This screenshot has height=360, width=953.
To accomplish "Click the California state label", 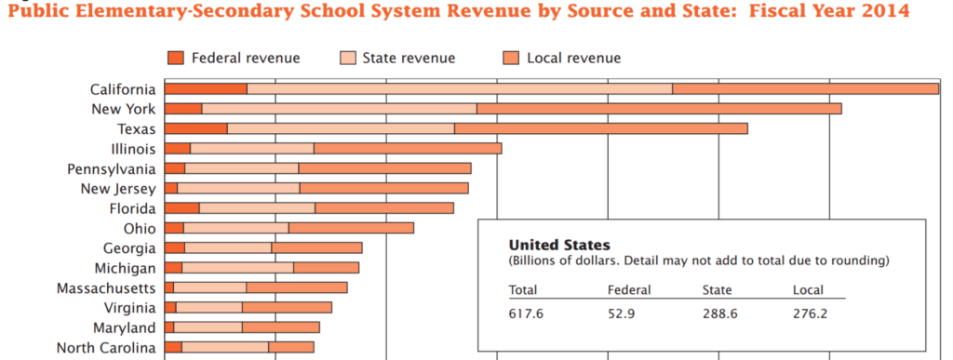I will [122, 89].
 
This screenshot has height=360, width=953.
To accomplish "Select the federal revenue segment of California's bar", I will [206, 89].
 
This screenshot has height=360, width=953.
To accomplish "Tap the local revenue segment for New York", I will [659, 109].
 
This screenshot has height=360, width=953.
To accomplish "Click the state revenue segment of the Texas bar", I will [341, 128].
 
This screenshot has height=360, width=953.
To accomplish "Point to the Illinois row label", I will [132, 149].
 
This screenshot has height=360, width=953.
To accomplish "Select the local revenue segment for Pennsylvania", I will [384, 168].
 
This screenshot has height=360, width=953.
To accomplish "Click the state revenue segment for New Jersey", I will [238, 189].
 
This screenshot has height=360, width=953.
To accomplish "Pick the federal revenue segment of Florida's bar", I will [181, 208].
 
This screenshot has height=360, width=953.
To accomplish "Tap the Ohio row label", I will [140, 228].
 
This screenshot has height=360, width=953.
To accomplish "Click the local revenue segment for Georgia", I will [316, 247].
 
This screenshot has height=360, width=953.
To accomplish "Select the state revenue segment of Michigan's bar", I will [237, 268].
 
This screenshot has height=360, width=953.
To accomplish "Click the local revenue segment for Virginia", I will [287, 308].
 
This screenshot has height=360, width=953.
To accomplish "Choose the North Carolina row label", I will [104, 348].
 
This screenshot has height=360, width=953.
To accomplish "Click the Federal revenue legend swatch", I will [176, 59].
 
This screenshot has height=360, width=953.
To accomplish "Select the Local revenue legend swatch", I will [511, 59].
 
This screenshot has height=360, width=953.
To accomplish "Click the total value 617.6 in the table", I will [526, 313].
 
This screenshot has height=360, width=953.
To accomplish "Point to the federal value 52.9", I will [622, 313].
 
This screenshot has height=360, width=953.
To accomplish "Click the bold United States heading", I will [558, 246].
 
